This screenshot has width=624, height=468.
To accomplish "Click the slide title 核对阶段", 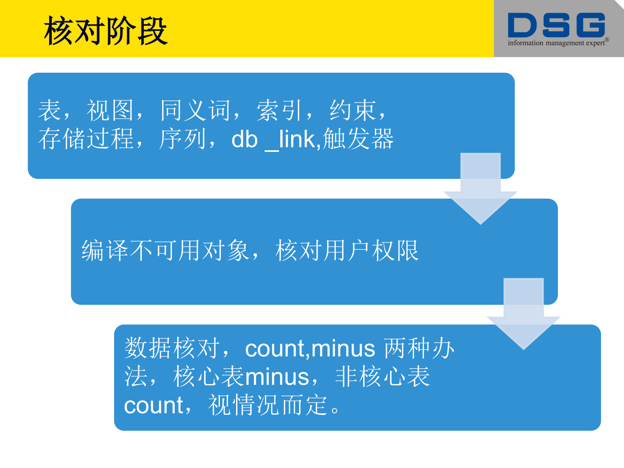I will (x=106, y=31).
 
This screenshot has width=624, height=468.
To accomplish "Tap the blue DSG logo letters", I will (x=556, y=25).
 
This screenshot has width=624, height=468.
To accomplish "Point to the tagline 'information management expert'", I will (x=556, y=43).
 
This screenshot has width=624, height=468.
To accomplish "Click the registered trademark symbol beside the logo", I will (x=607, y=40).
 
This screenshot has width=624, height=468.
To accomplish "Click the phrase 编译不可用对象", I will (x=166, y=250).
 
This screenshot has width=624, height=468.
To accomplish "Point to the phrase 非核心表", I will (x=382, y=377).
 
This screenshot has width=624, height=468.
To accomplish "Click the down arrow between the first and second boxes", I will (x=480, y=189).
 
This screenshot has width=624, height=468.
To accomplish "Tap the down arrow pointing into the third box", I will (x=524, y=314).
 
